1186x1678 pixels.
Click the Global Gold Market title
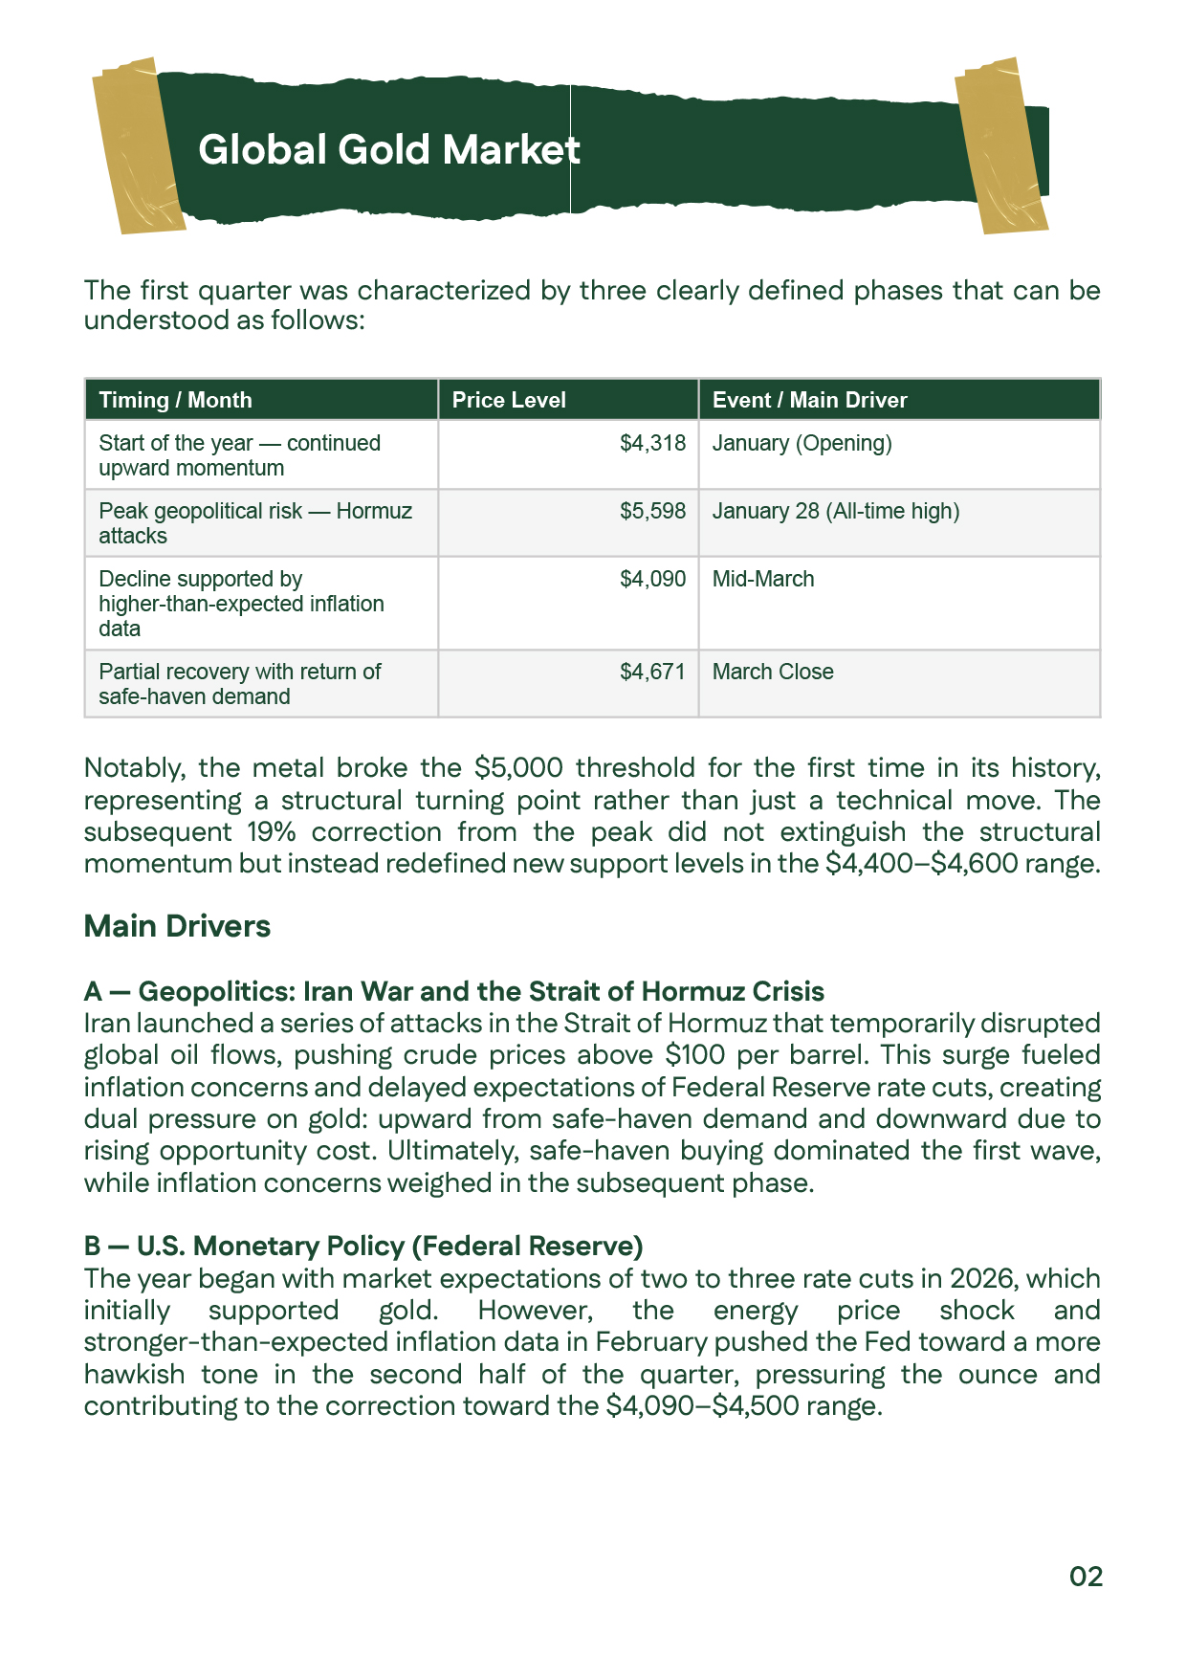click(x=388, y=150)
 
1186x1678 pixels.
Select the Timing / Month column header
click(x=175, y=400)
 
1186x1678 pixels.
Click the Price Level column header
click(x=509, y=400)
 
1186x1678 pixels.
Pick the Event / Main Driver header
click(x=809, y=400)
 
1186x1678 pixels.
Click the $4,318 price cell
click(x=652, y=444)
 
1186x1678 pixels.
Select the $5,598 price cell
click(x=652, y=512)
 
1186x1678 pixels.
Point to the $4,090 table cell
click(x=652, y=580)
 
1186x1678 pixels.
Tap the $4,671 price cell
click(x=652, y=673)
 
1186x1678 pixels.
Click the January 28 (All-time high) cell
click(x=835, y=512)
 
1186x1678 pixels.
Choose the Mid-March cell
click(x=763, y=580)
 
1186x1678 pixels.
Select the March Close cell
click(x=773, y=673)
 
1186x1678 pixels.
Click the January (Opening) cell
click(x=802, y=444)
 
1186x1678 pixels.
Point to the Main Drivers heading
click(x=177, y=926)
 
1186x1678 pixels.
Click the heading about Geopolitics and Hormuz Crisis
click(x=453, y=991)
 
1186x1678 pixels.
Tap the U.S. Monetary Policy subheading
click(x=363, y=1246)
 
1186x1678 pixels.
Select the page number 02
click(x=1086, y=1577)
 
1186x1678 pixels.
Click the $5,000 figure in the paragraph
click(x=517, y=768)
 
